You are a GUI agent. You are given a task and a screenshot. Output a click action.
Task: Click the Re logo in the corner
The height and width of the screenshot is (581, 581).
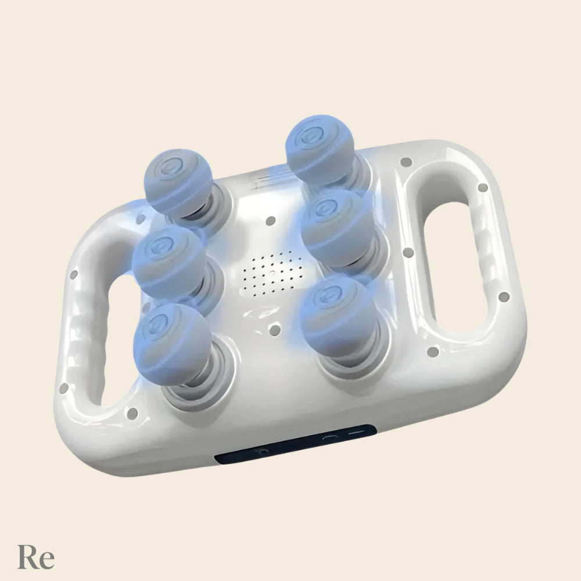coord(36,557)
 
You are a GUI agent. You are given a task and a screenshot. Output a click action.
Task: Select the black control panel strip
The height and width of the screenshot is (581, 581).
coord(295,443)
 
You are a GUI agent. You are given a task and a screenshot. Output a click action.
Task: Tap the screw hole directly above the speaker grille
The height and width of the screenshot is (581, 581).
coord(271,221)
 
